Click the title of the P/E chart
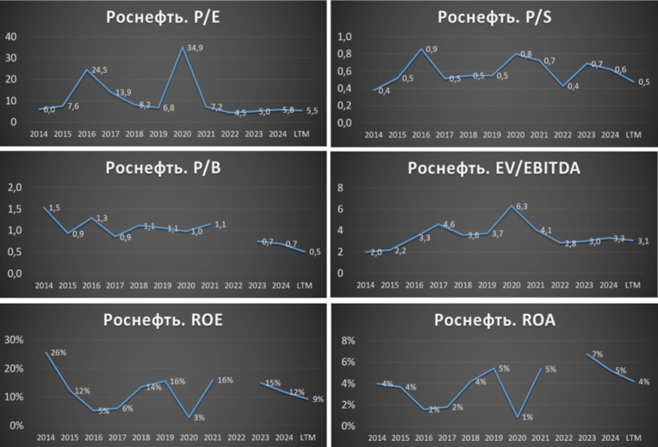pos(163,18)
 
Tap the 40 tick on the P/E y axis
pos(12,36)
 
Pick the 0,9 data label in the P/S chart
pos(431,49)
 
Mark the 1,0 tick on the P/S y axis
pos(345,37)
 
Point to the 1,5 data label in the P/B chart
pos(54,207)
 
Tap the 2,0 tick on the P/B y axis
pos(14,187)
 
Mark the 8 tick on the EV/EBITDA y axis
pos(342,187)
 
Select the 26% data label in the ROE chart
pos(59,352)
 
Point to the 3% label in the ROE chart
pos(199,418)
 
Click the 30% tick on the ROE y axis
pos(15,339)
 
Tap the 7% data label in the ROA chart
pos(596,355)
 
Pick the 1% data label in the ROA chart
pos(527,417)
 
